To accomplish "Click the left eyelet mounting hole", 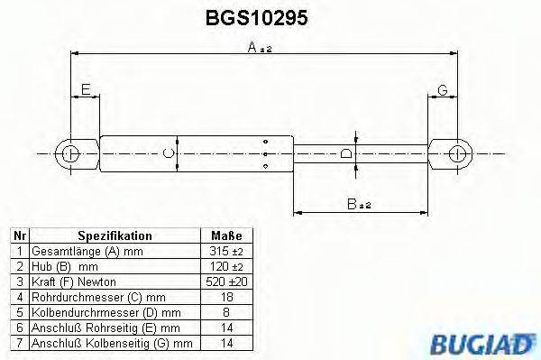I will (70, 153).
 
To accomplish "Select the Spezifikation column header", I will (115, 235).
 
